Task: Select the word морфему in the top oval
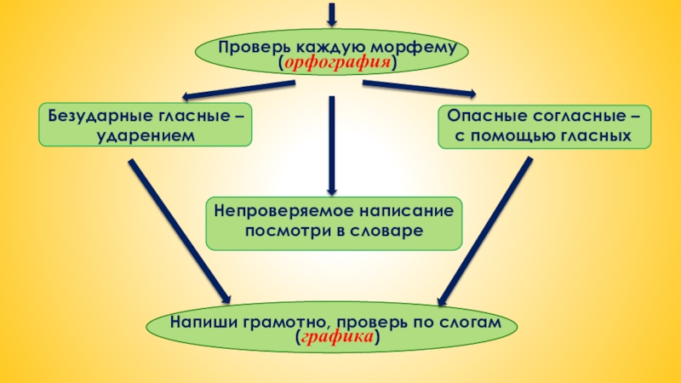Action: (x=420, y=48)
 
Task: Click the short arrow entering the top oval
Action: (x=332, y=13)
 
